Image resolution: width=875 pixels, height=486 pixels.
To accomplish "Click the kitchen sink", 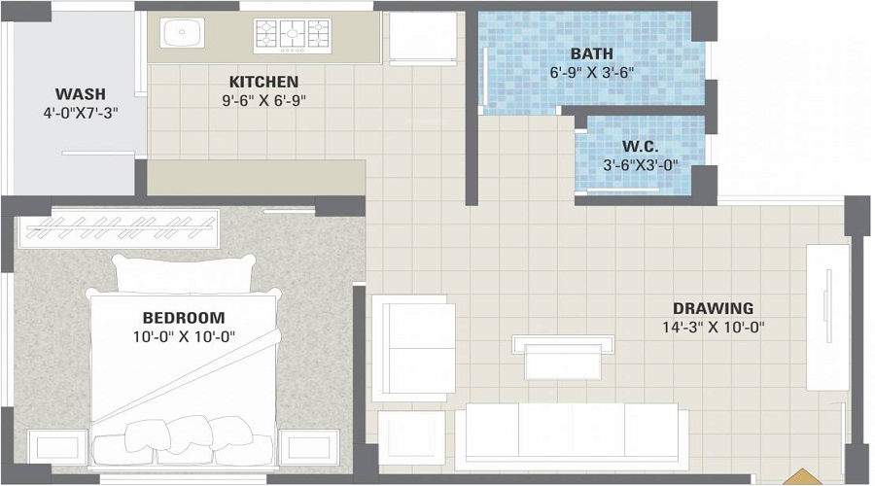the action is (183, 32).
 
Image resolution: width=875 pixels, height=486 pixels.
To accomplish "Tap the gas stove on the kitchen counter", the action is (293, 36).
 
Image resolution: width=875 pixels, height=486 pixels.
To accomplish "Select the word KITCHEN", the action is (263, 82).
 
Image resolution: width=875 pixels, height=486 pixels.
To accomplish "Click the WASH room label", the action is (81, 93).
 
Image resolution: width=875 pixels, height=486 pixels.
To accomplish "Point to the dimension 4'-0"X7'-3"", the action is (81, 114).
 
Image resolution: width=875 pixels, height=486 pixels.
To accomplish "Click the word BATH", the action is (591, 54).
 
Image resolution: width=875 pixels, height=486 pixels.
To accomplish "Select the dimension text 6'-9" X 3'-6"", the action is (592, 73).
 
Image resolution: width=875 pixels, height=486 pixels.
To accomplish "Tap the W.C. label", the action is (640, 147).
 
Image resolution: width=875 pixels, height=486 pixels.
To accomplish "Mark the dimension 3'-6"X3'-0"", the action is (641, 165).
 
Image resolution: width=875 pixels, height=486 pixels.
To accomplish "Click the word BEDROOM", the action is (184, 318).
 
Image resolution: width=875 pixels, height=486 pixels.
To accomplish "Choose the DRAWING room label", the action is (713, 308).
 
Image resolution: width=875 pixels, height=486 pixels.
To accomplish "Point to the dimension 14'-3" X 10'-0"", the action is (714, 328).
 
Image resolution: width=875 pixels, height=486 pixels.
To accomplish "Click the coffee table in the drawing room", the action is (563, 358).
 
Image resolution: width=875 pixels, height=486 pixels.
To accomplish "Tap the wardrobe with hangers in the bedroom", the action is (119, 228).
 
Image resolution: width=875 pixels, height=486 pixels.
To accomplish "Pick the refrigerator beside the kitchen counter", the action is (423, 38).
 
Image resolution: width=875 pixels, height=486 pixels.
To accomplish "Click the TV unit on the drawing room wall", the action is (828, 318).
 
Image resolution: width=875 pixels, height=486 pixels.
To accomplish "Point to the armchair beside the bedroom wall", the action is (413, 348).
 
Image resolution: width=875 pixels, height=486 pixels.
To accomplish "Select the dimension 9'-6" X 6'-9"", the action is (263, 100).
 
